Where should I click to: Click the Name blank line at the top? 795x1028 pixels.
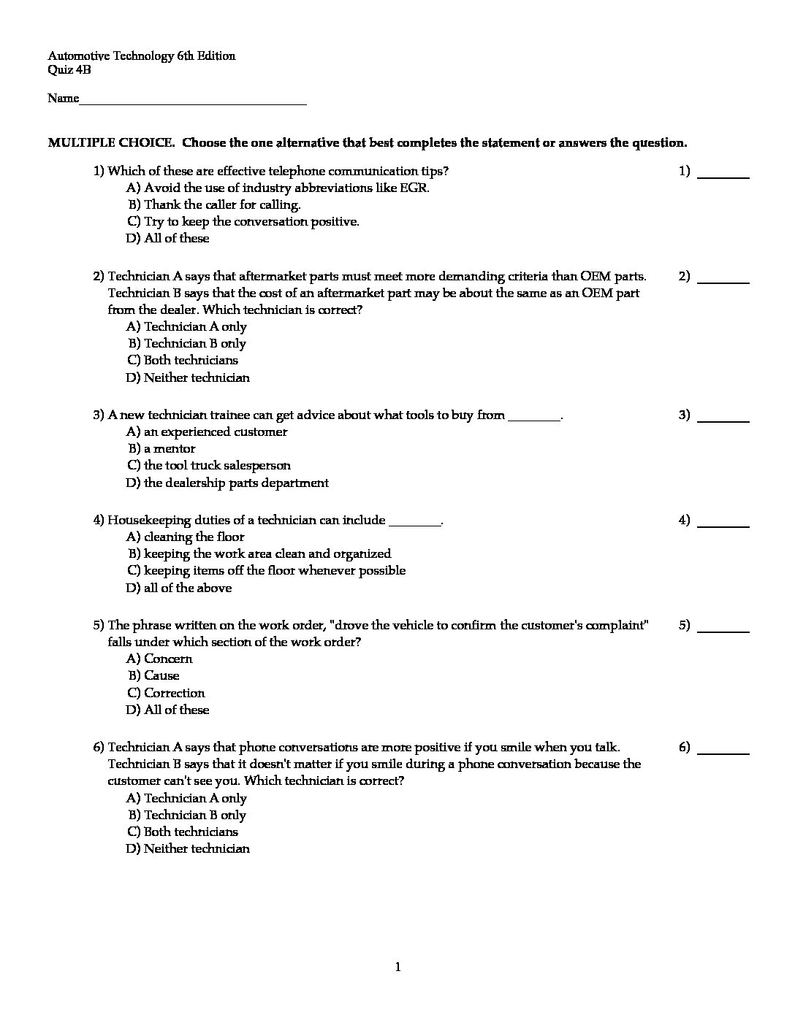pyautogui.click(x=193, y=103)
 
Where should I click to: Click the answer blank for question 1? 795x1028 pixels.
pyautogui.click(x=723, y=177)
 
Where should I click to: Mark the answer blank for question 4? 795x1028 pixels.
pyautogui.click(x=723, y=526)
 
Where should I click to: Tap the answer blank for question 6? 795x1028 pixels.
pyautogui.click(x=723, y=752)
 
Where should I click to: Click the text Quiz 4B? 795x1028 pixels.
pyautogui.click(x=69, y=70)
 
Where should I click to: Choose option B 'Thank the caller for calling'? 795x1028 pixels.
pyautogui.click(x=221, y=204)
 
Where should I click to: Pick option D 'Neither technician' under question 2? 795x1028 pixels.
pyautogui.click(x=196, y=377)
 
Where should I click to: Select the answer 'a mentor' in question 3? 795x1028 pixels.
pyautogui.click(x=170, y=448)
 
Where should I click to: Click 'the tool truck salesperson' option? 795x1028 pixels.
pyautogui.click(x=217, y=465)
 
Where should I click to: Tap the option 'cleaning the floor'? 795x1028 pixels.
pyautogui.click(x=194, y=537)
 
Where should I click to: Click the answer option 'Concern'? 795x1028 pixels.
pyautogui.click(x=168, y=659)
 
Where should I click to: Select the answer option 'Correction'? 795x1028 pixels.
pyautogui.click(x=174, y=693)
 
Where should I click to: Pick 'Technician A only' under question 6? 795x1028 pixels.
pyautogui.click(x=195, y=798)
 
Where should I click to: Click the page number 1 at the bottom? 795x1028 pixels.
pyautogui.click(x=398, y=967)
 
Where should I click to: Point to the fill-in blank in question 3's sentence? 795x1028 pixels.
pyautogui.click(x=534, y=416)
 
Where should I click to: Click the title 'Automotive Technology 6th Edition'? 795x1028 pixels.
pyautogui.click(x=142, y=56)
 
